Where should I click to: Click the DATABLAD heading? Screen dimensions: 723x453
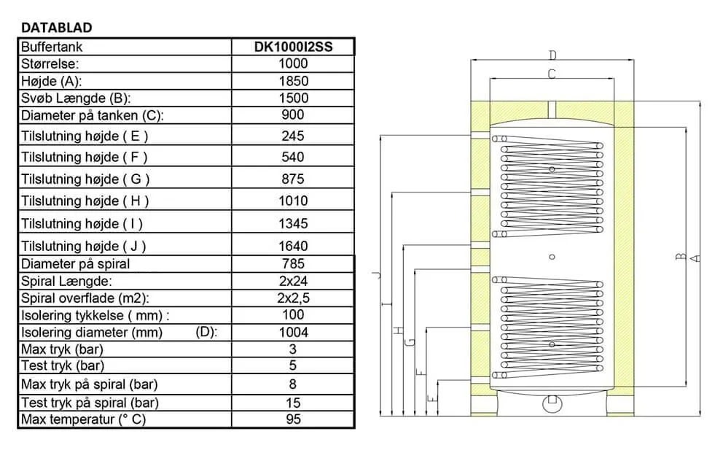[57, 28]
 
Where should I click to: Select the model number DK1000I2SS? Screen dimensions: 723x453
[293, 47]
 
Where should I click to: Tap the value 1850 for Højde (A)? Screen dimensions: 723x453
[293, 81]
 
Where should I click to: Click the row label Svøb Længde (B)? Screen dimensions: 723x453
[76, 98]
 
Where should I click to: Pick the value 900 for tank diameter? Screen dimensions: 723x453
[293, 115]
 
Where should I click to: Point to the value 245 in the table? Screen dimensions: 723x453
[293, 136]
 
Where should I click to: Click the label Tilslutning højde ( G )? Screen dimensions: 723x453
[85, 179]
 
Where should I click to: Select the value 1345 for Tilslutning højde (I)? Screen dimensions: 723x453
[293, 224]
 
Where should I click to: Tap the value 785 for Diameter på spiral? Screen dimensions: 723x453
[293, 264]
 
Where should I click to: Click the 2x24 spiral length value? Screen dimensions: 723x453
[293, 281]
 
